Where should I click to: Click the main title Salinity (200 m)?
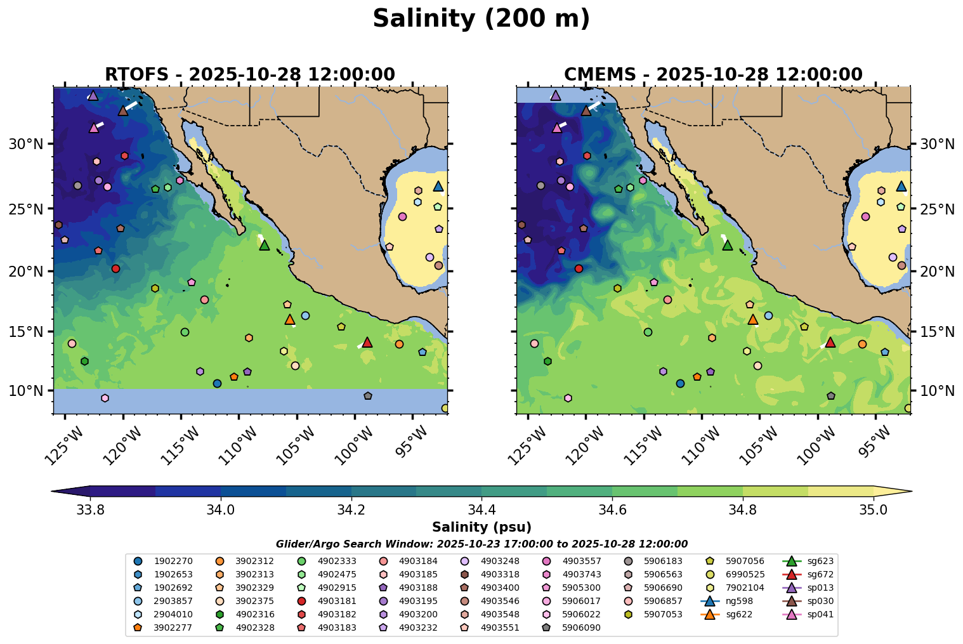pyautogui.click(x=481, y=19)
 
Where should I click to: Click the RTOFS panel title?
pyautogui.click(x=250, y=74)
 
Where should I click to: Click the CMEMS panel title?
pyautogui.click(x=713, y=74)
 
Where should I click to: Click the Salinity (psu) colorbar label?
pyautogui.click(x=481, y=527)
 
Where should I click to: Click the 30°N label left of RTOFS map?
pyautogui.click(x=26, y=145)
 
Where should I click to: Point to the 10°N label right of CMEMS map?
pyautogui.click(x=937, y=390)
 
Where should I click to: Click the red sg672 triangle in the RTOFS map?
pyautogui.click(x=367, y=343)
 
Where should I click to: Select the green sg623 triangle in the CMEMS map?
pyautogui.click(x=728, y=245)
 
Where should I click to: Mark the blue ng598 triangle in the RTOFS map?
pyautogui.click(x=438, y=186)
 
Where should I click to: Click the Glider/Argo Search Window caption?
pyautogui.click(x=481, y=544)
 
